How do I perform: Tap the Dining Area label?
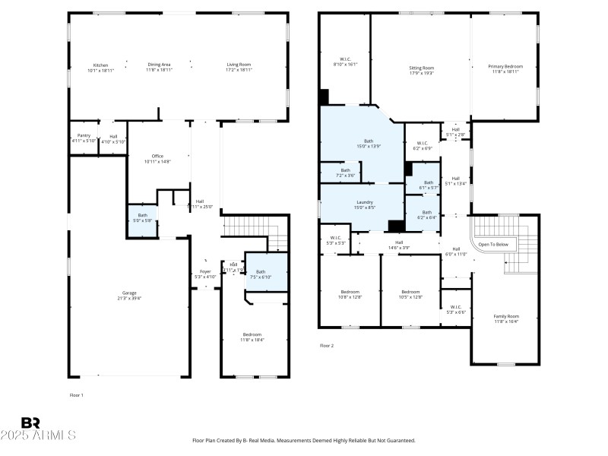pyautogui.click(x=159, y=65)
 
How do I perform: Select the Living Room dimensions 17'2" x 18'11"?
pyautogui.click(x=239, y=70)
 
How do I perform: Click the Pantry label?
pyautogui.click(x=84, y=135)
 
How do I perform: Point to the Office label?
pyautogui.click(x=157, y=156)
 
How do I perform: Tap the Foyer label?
pyautogui.click(x=205, y=271)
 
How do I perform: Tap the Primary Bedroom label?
pyautogui.click(x=505, y=66)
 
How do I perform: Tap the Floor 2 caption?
pyautogui.click(x=327, y=345)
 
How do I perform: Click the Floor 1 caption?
pyautogui.click(x=77, y=395)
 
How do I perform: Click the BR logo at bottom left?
pyautogui.click(x=30, y=423)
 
